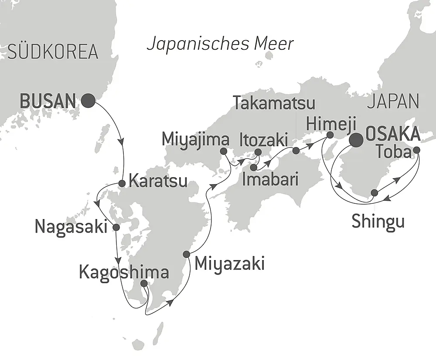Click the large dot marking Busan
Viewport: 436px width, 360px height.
pos(89,101)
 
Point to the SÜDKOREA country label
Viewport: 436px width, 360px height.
pos(53,52)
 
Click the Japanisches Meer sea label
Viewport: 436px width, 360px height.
pos(220,44)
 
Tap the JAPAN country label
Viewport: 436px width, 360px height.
pos(393,101)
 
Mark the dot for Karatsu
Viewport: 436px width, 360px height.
pos(123,183)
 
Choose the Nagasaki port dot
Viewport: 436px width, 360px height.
pos(116,227)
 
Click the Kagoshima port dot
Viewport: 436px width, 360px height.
pos(144,284)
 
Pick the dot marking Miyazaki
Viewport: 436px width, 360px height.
pos(187,254)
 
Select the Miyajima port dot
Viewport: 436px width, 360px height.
pos(223,151)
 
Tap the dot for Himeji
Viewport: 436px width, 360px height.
pos(330,135)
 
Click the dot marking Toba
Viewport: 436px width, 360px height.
pos(416,150)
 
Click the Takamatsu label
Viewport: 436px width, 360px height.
pos(274,103)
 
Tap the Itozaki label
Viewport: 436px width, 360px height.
pos(263,141)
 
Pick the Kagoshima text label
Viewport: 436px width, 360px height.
pos(124,272)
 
